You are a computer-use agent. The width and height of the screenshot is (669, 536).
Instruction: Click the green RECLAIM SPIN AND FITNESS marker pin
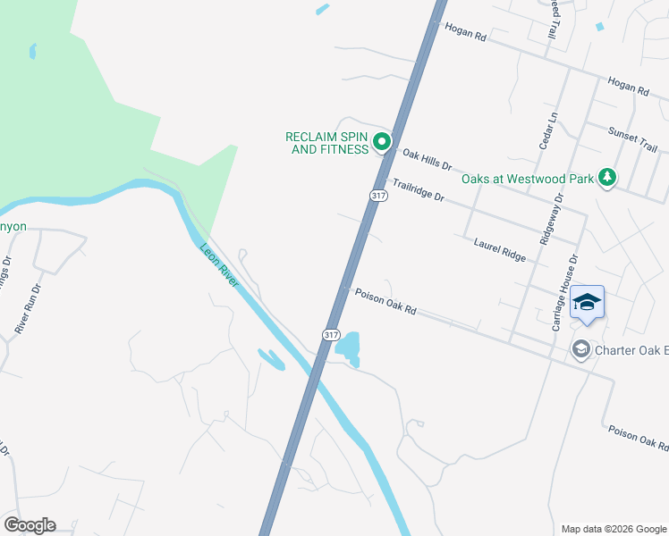tap(382, 141)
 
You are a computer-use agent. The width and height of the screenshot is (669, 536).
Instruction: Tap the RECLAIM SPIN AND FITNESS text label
tap(327, 143)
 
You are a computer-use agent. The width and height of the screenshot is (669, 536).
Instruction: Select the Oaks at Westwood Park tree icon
tap(608, 177)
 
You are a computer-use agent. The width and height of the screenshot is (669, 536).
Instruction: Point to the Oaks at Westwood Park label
tap(528, 179)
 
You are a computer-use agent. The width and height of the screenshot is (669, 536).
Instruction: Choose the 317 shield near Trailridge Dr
tap(378, 196)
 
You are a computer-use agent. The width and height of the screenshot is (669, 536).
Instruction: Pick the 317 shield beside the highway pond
tap(331, 334)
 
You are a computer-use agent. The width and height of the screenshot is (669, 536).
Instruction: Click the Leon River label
tap(219, 265)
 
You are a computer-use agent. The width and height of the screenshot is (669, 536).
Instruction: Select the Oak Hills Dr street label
tap(428, 160)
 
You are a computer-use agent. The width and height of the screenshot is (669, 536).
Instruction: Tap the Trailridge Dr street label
tap(418, 189)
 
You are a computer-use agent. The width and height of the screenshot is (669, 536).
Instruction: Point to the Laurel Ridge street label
tap(500, 247)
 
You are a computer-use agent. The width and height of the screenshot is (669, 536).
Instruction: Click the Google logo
tap(30, 525)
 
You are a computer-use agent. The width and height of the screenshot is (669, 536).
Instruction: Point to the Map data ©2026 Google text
tap(613, 528)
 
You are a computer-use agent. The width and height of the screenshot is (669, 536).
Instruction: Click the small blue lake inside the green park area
tap(33, 51)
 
